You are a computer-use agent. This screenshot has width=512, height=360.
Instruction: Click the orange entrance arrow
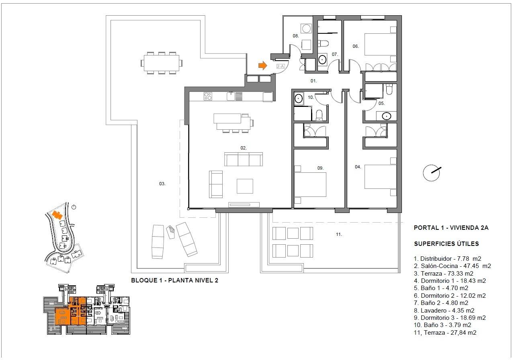[x=262, y=65]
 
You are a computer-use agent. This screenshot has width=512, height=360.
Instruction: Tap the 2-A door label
[x=281, y=67]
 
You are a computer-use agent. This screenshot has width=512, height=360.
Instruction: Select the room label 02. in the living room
[x=244, y=148]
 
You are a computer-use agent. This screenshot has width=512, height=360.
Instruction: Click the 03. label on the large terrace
[x=162, y=184]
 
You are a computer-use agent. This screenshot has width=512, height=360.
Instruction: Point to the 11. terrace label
[x=339, y=234]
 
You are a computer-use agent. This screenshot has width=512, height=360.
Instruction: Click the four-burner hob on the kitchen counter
[x=208, y=96]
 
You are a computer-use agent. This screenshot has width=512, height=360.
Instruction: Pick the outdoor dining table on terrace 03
[x=162, y=63]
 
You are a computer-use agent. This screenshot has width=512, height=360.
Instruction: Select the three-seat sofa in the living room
[x=244, y=160]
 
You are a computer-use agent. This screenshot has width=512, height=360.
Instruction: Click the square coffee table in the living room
[x=245, y=186]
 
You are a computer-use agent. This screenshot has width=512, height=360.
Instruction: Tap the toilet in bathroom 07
[x=323, y=43]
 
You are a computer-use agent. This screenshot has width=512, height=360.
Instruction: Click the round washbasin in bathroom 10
[x=299, y=99]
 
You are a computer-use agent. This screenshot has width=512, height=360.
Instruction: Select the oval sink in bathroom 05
[x=386, y=116]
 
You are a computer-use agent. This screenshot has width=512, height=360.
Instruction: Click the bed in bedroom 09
[x=310, y=185]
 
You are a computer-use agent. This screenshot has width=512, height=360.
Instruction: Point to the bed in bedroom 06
[x=380, y=45]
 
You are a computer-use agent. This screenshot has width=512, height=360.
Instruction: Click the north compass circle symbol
[x=431, y=173]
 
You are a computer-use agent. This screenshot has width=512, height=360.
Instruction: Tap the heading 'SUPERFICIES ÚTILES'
[x=446, y=243]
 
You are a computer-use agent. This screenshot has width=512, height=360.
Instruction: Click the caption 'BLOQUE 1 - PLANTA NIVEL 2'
[x=175, y=280]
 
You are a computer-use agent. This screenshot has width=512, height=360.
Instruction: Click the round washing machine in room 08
[x=306, y=29]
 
